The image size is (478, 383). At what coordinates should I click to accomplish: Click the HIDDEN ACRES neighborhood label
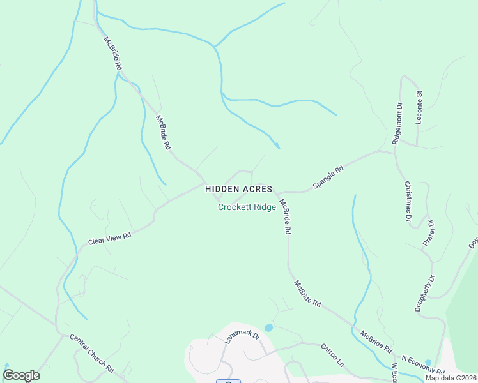[x=239, y=189]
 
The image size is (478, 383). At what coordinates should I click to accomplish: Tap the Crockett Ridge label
[x=247, y=207]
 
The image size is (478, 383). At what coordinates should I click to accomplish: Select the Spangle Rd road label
[x=328, y=178]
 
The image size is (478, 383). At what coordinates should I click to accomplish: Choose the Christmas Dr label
[x=408, y=201]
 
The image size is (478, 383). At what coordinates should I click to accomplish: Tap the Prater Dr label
[x=429, y=233]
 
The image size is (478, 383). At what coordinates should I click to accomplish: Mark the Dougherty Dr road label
[x=424, y=292]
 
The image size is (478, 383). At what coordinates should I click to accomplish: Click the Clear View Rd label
[x=109, y=239]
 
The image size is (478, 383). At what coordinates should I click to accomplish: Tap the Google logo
[x=21, y=375]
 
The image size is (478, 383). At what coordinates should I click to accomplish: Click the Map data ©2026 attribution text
[x=451, y=377]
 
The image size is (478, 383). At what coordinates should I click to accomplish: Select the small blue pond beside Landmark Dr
[x=268, y=327]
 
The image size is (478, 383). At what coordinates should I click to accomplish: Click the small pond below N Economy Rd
[x=428, y=363]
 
